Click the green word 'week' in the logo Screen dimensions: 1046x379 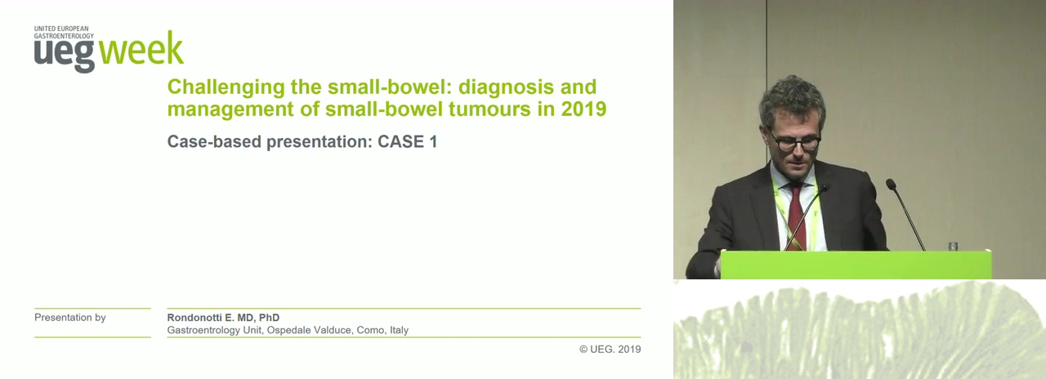(141, 48)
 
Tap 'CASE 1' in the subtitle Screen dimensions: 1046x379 (407, 141)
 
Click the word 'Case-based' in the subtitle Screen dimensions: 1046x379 (214, 142)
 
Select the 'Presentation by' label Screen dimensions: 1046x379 (70, 318)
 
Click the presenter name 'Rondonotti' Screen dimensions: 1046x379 (194, 318)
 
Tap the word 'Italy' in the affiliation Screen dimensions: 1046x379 (400, 330)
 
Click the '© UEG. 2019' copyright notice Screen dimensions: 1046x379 (610, 349)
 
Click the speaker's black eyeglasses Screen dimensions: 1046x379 (793, 142)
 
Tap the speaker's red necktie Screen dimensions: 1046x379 (796, 215)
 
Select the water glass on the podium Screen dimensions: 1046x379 (953, 246)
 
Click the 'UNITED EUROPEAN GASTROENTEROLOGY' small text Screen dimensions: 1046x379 (64, 32)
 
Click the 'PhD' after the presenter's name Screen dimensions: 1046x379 (269, 318)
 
